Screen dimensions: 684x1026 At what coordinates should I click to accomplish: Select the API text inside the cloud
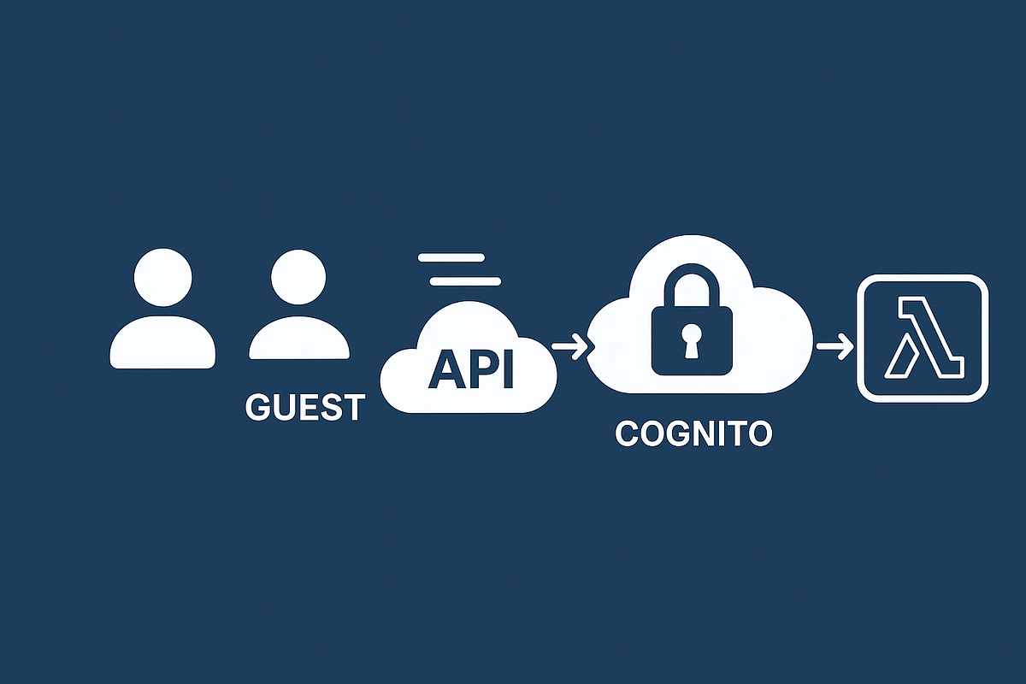tap(471, 368)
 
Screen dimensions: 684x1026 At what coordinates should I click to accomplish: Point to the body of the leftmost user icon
tap(162, 344)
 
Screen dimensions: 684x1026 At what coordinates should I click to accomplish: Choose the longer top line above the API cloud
tap(451, 257)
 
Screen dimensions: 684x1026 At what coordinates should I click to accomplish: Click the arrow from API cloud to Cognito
tap(569, 347)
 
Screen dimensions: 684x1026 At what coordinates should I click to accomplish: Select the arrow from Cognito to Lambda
tap(834, 347)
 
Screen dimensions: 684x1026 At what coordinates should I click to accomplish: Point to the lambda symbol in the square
tap(923, 338)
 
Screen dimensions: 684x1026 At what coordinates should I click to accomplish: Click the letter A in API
tap(445, 368)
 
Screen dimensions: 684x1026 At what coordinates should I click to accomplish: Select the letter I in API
tap(508, 368)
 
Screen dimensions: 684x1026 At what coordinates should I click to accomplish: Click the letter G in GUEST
tap(258, 407)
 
